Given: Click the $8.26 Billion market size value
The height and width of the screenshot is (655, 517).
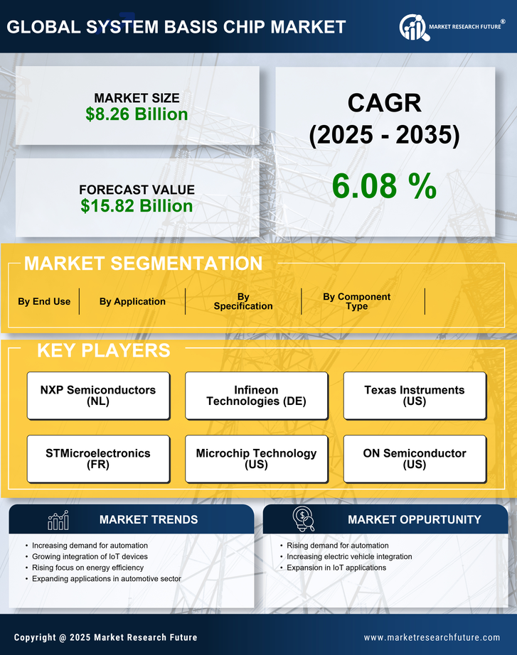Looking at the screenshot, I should (137, 114).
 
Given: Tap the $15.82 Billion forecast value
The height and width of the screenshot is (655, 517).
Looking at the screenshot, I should (137, 206).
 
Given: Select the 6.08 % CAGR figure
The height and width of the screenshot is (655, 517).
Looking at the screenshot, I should (384, 186).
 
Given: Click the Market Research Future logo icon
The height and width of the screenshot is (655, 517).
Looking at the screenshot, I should (413, 28).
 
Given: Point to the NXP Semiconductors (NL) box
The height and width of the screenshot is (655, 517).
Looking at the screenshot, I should (98, 396).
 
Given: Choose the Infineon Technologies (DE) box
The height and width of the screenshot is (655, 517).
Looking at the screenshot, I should (256, 396).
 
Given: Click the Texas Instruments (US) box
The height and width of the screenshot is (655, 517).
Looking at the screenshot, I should (415, 396).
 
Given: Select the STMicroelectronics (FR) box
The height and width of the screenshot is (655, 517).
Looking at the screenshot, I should (98, 459).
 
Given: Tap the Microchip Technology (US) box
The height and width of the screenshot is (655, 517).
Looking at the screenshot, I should (256, 459).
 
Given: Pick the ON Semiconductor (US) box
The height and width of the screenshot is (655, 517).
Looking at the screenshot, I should (415, 459).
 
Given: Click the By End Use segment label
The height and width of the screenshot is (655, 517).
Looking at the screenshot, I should (44, 301).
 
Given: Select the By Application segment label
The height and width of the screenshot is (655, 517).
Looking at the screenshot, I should (132, 301).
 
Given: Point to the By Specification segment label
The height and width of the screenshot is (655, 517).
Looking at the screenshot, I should (243, 301).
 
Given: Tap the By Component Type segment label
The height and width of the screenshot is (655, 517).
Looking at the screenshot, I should (356, 301).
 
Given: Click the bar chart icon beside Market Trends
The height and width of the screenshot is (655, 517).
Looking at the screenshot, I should (58, 520).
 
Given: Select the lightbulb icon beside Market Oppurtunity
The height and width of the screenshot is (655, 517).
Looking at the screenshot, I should (303, 519).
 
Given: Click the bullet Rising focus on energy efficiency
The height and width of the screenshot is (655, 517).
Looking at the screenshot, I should (87, 568).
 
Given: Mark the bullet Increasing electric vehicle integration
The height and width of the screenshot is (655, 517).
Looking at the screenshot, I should (349, 556).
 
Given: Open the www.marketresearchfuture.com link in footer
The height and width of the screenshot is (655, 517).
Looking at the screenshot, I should (432, 637).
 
